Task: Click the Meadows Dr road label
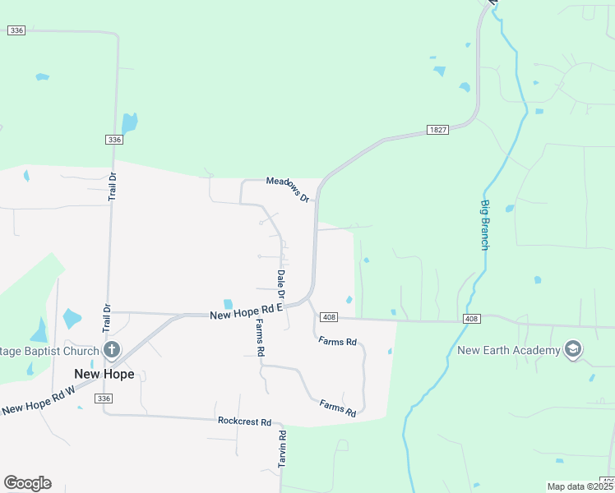(288, 190)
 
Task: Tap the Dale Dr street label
(280, 283)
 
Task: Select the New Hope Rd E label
(246, 311)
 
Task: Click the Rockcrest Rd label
(244, 422)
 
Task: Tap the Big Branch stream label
(485, 224)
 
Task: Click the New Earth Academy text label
(509, 351)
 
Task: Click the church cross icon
(113, 351)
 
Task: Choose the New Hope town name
(104, 374)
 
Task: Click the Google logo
(27, 483)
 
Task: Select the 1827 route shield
(437, 130)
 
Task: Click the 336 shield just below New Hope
(102, 399)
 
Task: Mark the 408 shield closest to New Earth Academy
(471, 318)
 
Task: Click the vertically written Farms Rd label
(260, 338)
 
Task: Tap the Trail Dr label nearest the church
(106, 320)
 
